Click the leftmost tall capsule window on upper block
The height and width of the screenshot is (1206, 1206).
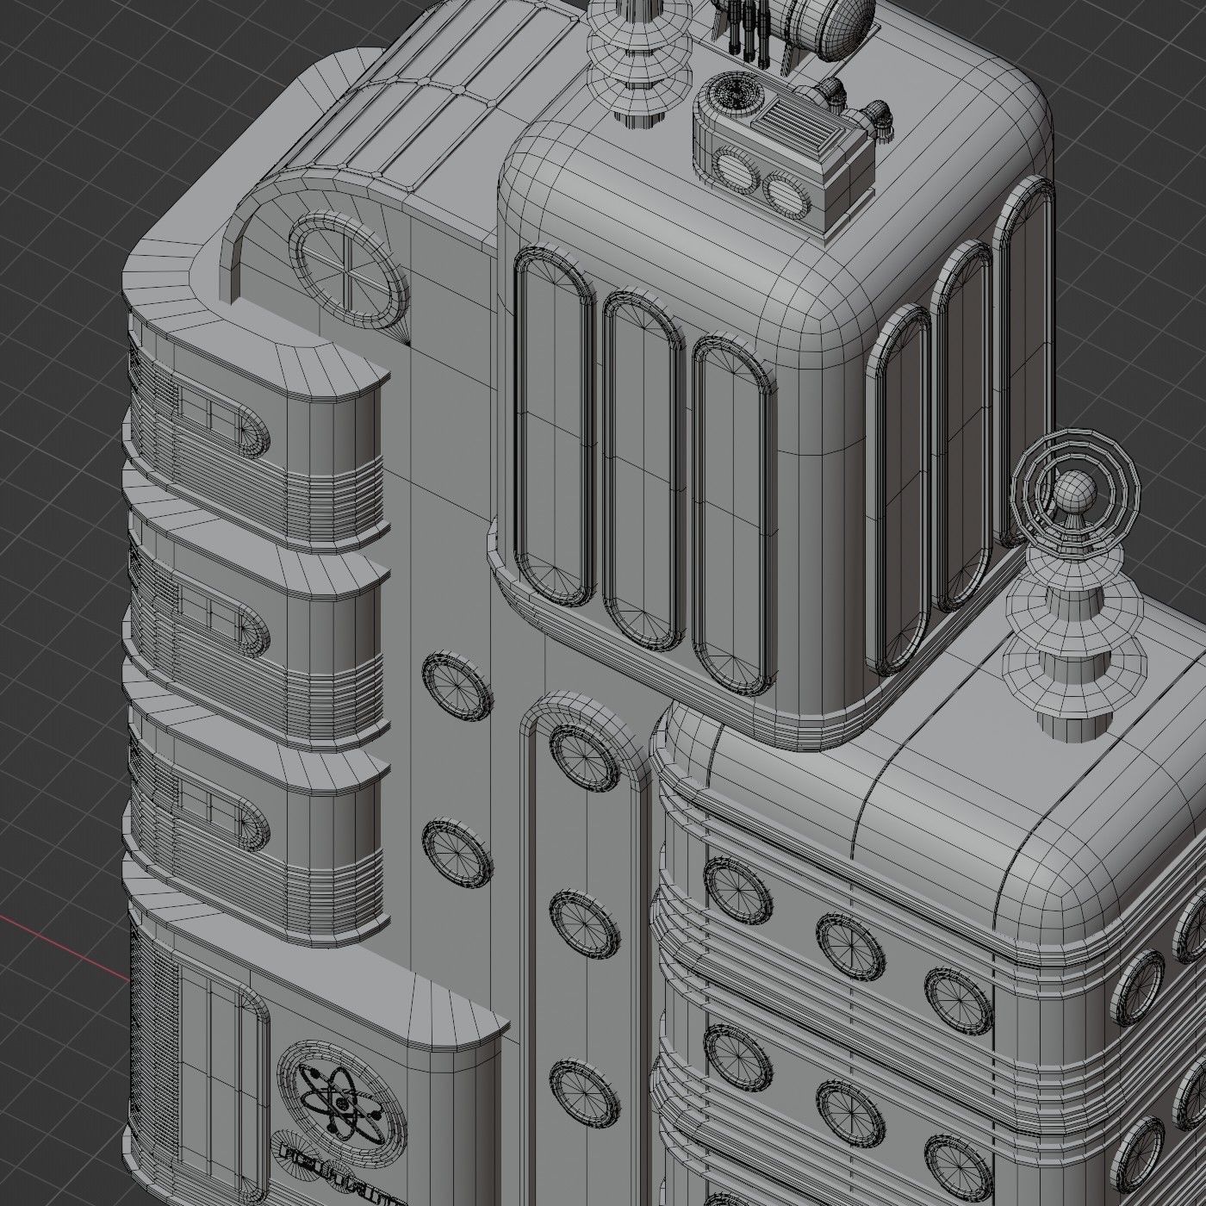click(x=554, y=426)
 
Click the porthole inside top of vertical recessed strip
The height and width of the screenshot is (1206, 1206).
click(x=584, y=758)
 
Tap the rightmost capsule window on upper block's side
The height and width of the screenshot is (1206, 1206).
click(x=1023, y=362)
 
